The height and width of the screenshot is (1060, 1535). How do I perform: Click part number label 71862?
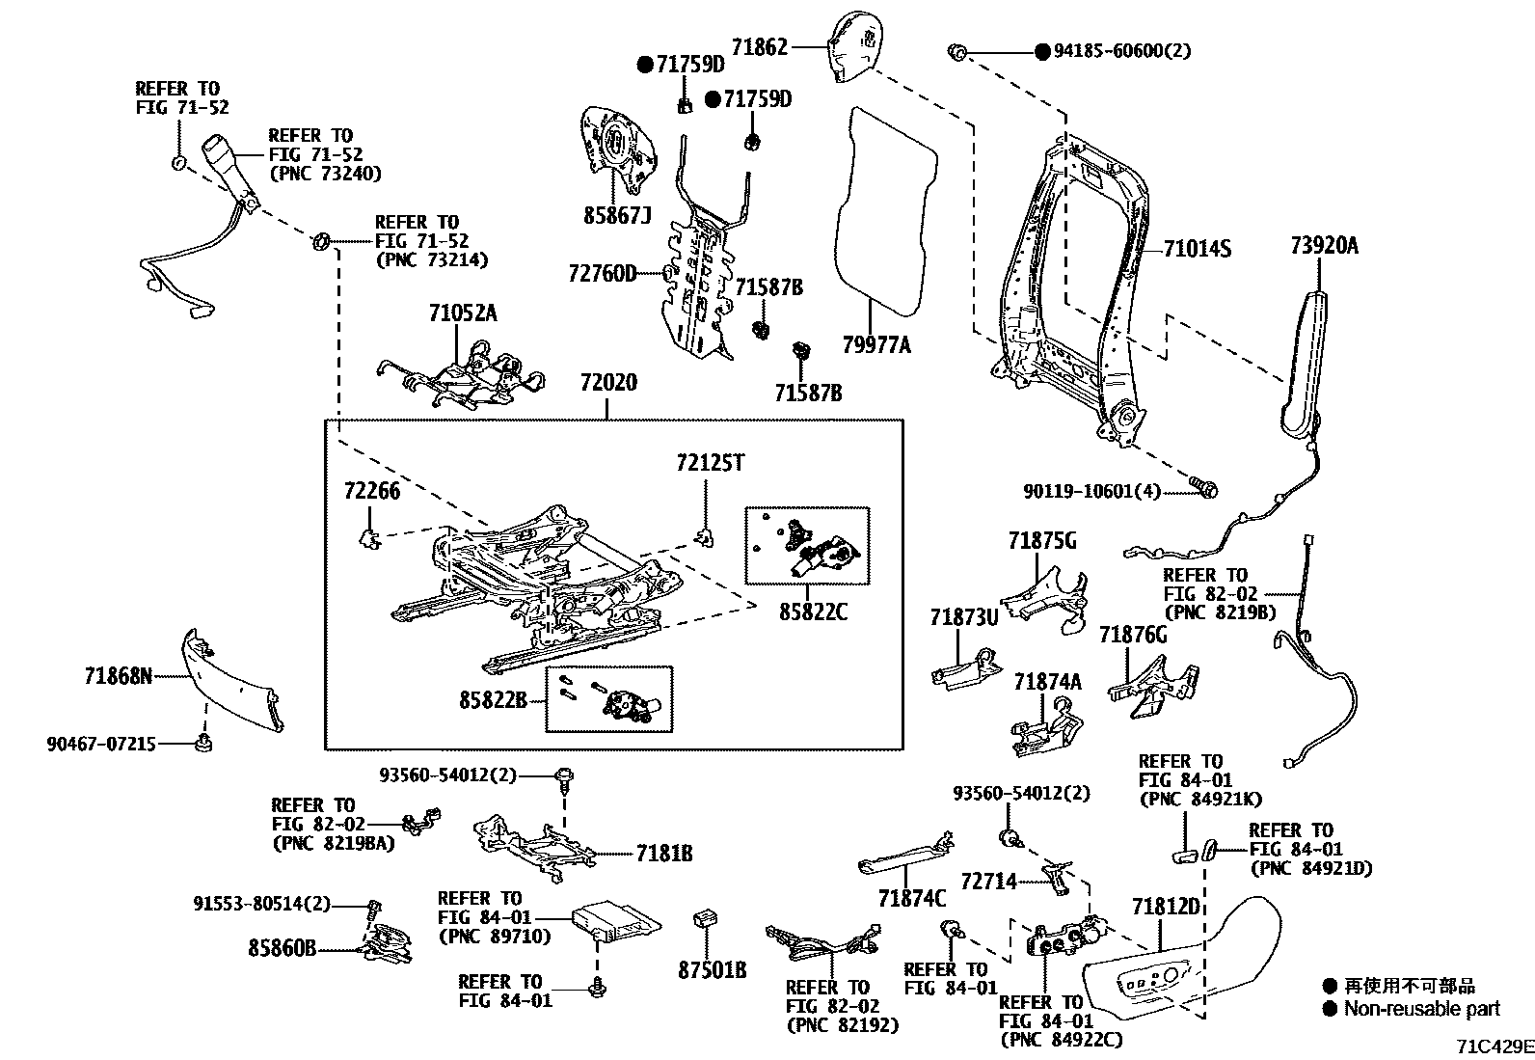pyautogui.click(x=759, y=47)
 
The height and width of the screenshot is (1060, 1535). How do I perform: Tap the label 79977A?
pyautogui.click(x=876, y=344)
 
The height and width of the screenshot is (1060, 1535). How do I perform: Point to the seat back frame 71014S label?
pyautogui.click(x=1197, y=248)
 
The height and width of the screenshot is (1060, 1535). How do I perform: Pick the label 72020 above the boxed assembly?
pyautogui.click(x=608, y=382)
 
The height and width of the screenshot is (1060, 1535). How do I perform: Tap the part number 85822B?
pyautogui.click(x=493, y=700)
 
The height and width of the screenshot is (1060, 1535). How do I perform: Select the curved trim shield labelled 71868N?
pyautogui.click(x=231, y=680)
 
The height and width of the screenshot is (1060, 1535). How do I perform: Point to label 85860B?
pyautogui.click(x=282, y=948)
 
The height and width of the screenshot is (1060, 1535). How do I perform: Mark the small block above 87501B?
pyautogui.click(x=706, y=918)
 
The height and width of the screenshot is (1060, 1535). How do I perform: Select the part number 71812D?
pyautogui.click(x=1166, y=907)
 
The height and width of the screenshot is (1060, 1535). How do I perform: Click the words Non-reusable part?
pyautogui.click(x=1422, y=1009)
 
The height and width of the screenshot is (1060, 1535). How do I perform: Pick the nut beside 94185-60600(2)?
pyautogui.click(x=957, y=51)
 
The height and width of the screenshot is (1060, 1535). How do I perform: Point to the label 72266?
pyautogui.click(x=371, y=491)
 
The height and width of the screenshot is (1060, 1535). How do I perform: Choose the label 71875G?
pyautogui.click(x=1041, y=541)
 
